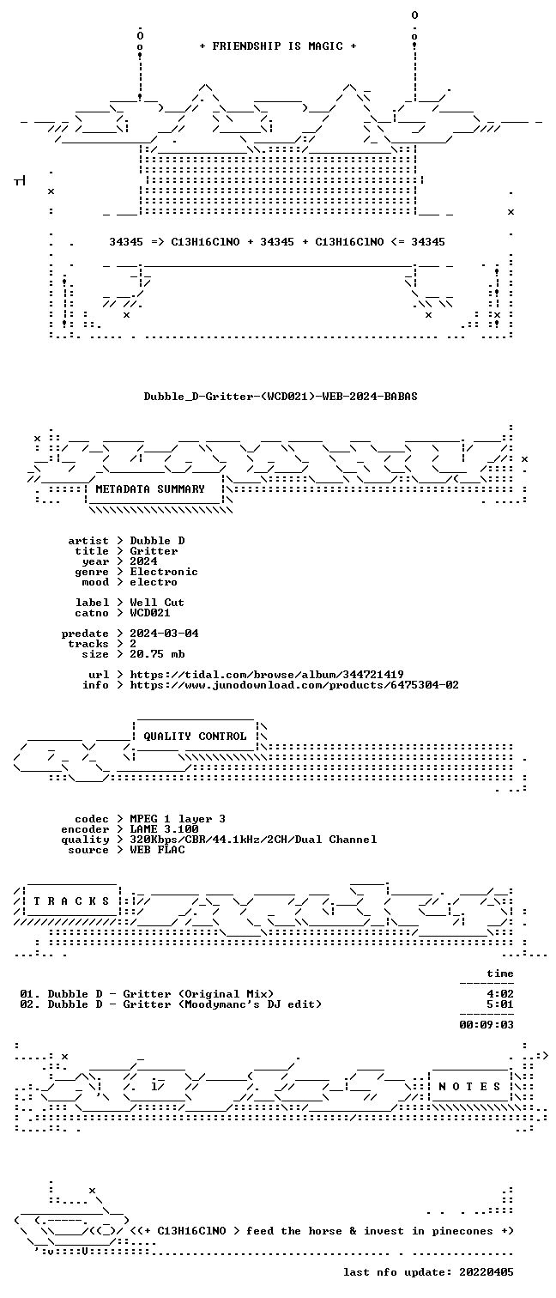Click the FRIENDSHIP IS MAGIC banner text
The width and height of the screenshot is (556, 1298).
[x=277, y=46]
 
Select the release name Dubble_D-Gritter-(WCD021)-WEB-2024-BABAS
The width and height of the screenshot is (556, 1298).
[x=281, y=397]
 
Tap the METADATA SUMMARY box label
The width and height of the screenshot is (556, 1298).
[x=150, y=489]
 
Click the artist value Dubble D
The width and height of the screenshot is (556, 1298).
[x=157, y=541]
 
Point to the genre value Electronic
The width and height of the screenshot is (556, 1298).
[x=164, y=572]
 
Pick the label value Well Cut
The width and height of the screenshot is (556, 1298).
[x=157, y=603]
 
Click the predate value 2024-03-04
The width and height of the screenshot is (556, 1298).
[x=164, y=634]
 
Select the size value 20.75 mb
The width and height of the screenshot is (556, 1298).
[x=157, y=654]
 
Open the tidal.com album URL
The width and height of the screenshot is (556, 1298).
[x=266, y=675]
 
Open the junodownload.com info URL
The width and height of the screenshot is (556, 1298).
[x=294, y=686]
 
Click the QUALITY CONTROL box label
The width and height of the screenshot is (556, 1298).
[x=195, y=737]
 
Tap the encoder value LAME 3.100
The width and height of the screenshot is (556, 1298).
[x=164, y=829]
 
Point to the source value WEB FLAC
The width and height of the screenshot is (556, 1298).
[x=157, y=850]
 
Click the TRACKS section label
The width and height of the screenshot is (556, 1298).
[x=71, y=901]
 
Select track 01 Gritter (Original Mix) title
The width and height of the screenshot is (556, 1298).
[x=198, y=994]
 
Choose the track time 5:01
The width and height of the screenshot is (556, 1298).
[x=500, y=1004]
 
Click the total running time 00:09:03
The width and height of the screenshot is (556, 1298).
[x=486, y=1025]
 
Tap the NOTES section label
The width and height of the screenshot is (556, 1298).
[x=469, y=1087]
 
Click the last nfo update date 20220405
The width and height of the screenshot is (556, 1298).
[x=486, y=1272]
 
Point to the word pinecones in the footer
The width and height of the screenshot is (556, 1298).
[x=462, y=1231]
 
